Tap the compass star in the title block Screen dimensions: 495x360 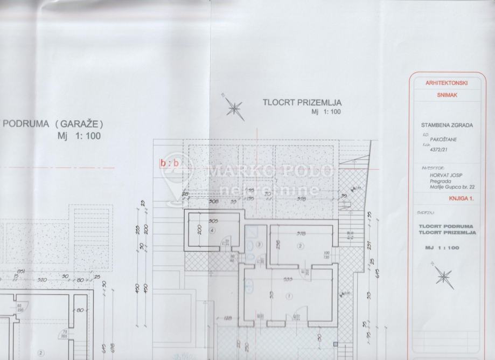(444, 275)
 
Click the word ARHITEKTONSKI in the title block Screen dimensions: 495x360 (445, 83)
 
